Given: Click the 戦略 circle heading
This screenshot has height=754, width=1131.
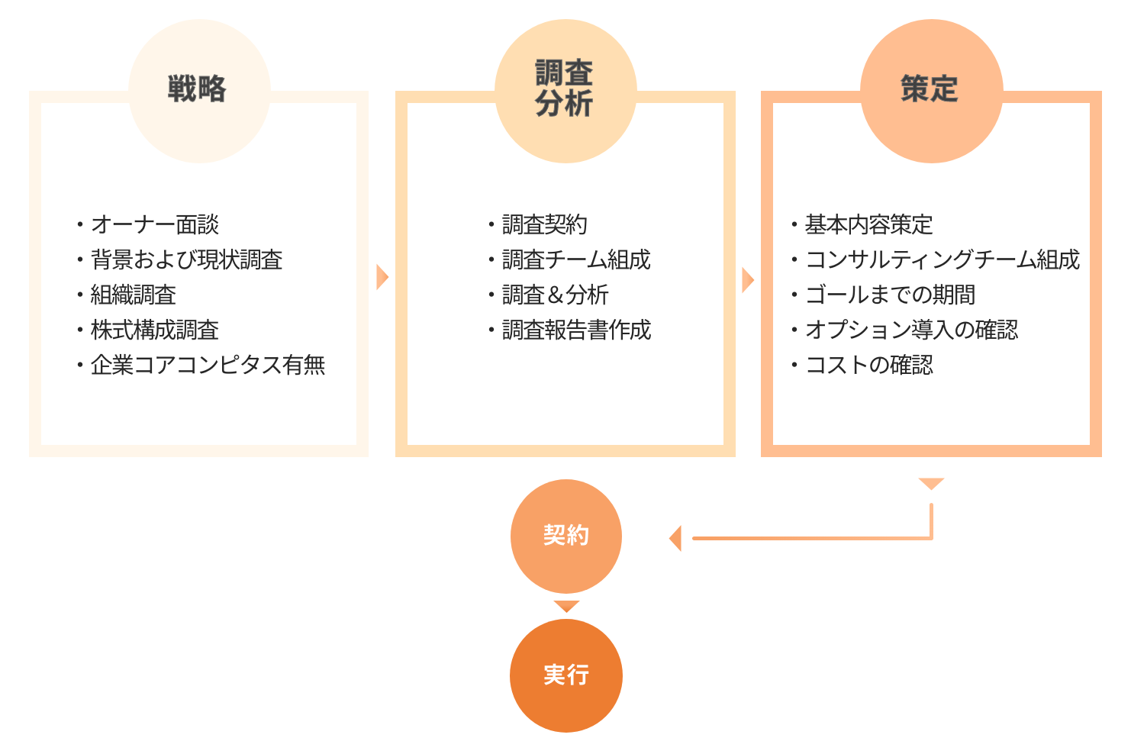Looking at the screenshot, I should (198, 90).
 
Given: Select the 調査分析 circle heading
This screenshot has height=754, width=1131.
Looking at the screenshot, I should (565, 90).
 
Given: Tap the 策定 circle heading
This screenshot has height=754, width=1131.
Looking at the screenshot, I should (930, 90).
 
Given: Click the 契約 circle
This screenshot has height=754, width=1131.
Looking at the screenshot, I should (565, 536).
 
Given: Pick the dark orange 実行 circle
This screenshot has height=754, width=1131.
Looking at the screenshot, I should (565, 675).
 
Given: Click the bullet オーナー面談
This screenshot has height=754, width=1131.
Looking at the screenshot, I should (155, 224).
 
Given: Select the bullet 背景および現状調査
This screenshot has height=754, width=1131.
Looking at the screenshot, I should (186, 259).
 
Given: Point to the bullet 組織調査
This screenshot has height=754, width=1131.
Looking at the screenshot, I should (134, 295).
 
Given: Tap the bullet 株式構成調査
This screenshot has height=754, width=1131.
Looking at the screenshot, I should (155, 330).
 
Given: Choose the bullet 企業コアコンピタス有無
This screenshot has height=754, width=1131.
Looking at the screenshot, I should (208, 365).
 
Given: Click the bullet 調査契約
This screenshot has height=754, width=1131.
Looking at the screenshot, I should (545, 224).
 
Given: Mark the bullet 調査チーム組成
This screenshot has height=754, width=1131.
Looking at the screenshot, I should (576, 259).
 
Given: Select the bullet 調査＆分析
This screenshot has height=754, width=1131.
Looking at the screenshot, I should (555, 295).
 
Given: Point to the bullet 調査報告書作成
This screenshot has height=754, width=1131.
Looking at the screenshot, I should (576, 330).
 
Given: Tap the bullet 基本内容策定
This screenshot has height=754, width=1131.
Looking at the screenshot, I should (868, 224).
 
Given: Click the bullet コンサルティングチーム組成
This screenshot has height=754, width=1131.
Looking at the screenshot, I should (942, 259).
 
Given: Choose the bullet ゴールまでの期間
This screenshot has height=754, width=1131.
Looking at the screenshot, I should (890, 295).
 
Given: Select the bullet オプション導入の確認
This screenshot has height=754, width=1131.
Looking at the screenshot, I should (911, 330).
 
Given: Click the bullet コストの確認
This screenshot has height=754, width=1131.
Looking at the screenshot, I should (868, 365).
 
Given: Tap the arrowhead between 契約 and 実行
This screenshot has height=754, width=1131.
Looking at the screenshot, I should (566, 606).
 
